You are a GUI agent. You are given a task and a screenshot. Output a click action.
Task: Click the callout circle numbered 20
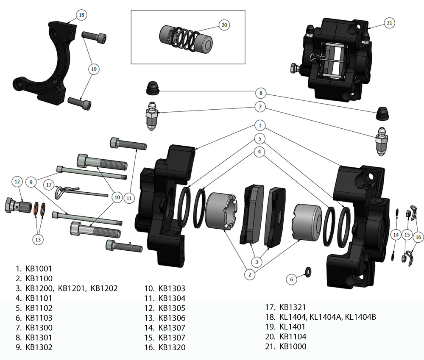(x=225, y=25)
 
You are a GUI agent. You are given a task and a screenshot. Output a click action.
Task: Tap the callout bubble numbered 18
(x=81, y=15)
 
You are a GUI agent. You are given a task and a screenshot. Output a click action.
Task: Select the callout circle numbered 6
(x=291, y=279)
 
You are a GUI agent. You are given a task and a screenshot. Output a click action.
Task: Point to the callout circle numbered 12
(x=17, y=182)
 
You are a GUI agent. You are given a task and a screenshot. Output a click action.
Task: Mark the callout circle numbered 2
(x=250, y=274)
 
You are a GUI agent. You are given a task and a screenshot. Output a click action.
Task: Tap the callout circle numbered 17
(x=49, y=185)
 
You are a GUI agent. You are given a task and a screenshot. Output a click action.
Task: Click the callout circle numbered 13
(x=39, y=239)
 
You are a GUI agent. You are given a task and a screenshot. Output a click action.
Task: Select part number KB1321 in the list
(x=293, y=307)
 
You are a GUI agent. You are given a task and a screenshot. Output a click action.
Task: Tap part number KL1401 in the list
(x=292, y=327)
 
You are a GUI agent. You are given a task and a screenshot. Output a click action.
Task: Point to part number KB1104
(x=293, y=337)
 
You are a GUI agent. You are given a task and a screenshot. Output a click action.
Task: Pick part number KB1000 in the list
(x=293, y=346)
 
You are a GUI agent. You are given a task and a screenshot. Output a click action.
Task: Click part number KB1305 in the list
(x=172, y=308)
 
